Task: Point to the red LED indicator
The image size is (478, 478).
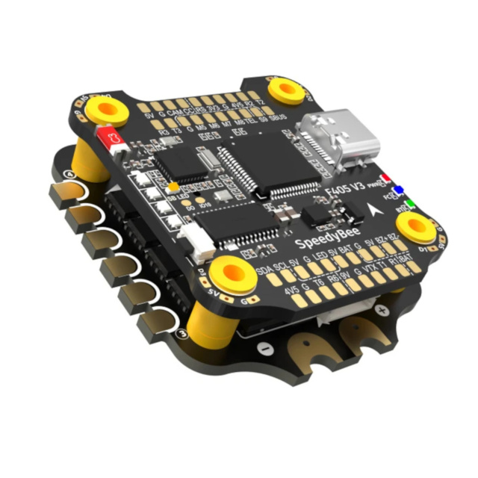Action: pos(385,178)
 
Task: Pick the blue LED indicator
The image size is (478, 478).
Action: pos(399,190)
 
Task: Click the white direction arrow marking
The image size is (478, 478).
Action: pos(371,210)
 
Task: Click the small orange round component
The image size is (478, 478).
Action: pos(173,187)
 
